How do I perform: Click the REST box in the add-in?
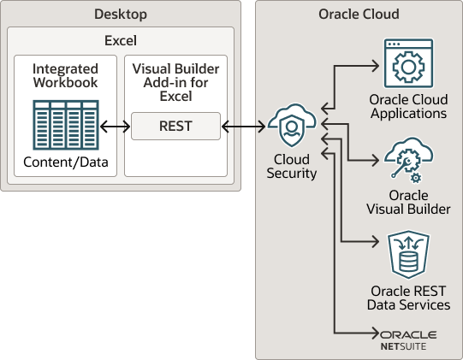click(x=175, y=127)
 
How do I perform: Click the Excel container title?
click(x=120, y=40)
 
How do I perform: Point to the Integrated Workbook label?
click(x=64, y=74)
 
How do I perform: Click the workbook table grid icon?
click(x=64, y=126)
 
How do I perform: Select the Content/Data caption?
click(x=64, y=162)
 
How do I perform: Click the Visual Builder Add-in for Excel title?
click(x=175, y=81)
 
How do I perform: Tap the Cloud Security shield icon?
click(x=292, y=127)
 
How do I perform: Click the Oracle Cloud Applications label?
click(x=408, y=107)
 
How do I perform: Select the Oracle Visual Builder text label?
click(x=408, y=202)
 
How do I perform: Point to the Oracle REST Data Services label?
click(x=408, y=298)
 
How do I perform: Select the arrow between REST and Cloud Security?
click(x=244, y=127)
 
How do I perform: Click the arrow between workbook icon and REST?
click(x=114, y=127)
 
